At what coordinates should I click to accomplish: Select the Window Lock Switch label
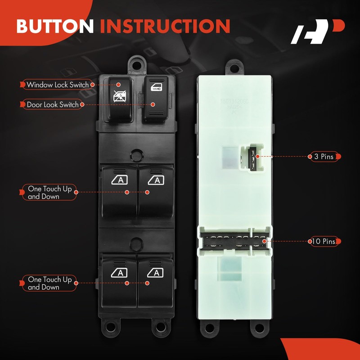[x=58, y=85]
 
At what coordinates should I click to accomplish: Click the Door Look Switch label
[x=53, y=104]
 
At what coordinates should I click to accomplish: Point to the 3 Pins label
[x=323, y=157]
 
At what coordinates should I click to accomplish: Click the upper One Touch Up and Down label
[x=49, y=193]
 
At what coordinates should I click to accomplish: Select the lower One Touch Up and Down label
[x=49, y=283]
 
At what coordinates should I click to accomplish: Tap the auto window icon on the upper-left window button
[x=120, y=180]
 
